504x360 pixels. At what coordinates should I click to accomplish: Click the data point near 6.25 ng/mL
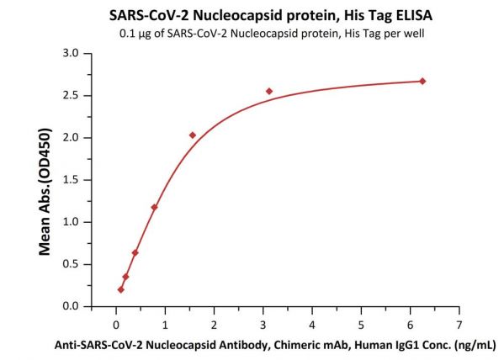[x=422, y=82]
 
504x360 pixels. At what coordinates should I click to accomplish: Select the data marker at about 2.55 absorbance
[x=269, y=92]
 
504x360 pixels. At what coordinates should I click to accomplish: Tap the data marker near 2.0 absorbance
[x=193, y=135]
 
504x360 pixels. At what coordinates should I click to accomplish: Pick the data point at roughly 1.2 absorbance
[x=154, y=207]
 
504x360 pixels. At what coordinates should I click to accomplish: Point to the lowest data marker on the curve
[x=121, y=289]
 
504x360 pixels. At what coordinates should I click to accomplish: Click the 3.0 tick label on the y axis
[x=71, y=53]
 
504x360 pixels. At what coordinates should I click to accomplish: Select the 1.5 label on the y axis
[x=71, y=180]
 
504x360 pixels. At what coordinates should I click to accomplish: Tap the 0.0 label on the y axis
[x=71, y=306]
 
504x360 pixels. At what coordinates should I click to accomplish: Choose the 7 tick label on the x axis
[x=459, y=325]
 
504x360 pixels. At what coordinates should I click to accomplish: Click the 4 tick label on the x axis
[x=312, y=325]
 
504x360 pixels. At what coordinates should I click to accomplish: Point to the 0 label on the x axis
[x=116, y=325]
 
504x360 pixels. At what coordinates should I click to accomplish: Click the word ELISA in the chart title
[x=414, y=15]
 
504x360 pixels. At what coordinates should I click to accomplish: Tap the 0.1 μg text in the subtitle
[x=135, y=34]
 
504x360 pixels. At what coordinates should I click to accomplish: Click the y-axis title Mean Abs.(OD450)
[x=45, y=192]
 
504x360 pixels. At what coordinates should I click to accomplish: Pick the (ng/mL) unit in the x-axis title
[x=475, y=346]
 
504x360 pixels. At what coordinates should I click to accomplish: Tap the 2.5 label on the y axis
[x=71, y=95]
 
